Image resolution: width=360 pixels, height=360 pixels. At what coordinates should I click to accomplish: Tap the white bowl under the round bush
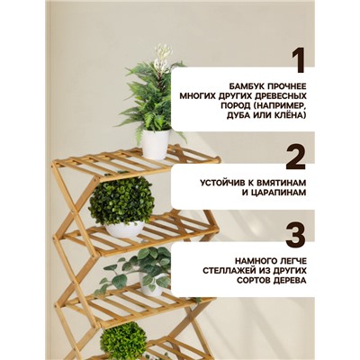(123, 230)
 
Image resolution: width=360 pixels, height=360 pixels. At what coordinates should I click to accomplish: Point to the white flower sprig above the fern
(162, 58)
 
